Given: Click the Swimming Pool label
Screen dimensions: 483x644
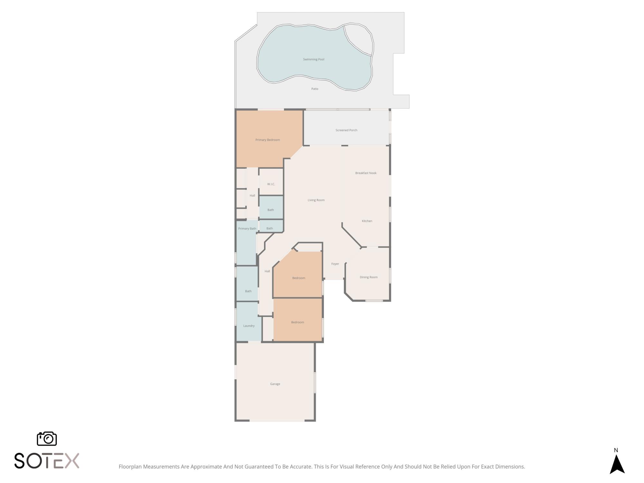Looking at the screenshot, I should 313,59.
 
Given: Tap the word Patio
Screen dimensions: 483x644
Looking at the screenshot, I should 315,89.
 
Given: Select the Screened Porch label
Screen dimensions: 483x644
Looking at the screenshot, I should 346,130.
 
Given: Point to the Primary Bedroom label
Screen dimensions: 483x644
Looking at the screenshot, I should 268,140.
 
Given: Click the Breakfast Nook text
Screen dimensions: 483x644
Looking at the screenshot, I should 366,173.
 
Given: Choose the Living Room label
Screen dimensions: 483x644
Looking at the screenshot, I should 316,200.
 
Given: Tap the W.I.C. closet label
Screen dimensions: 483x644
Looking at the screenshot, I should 271,184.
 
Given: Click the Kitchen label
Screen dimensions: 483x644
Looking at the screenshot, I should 367,221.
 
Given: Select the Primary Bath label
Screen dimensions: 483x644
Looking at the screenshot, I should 247,229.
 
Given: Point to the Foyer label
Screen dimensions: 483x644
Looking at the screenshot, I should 335,264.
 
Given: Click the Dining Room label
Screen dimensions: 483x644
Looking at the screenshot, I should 368,277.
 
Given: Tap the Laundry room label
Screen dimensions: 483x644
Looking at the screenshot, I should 249,326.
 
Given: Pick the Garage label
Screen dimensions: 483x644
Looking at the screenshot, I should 275,384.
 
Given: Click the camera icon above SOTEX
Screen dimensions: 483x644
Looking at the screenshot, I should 47,439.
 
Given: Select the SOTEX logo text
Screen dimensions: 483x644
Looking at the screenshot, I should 47,461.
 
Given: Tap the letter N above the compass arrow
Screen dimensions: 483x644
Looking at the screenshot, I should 616,450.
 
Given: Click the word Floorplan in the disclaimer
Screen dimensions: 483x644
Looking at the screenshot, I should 130,467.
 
